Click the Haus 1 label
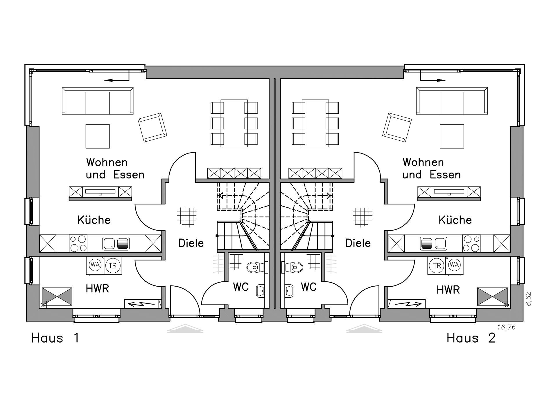(x=55, y=338)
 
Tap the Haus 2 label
(x=471, y=338)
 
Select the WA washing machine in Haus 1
(x=95, y=265)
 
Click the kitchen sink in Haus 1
(x=116, y=244)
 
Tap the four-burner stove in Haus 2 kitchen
(x=471, y=243)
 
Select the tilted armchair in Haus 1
(x=152, y=127)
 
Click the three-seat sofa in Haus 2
(x=452, y=101)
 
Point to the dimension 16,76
(x=506, y=327)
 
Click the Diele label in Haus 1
(x=191, y=243)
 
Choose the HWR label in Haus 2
(x=448, y=290)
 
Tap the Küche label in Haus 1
(x=94, y=220)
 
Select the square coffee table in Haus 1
(x=98, y=136)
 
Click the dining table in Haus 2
(x=315, y=123)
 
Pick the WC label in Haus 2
(x=308, y=287)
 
